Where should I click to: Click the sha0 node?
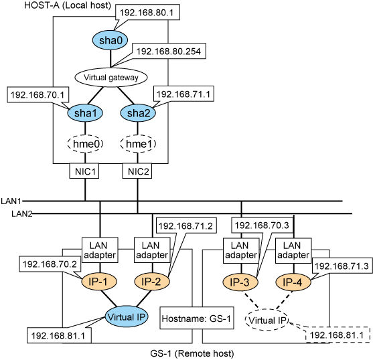tap(110, 40)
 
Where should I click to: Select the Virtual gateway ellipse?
tap(111, 78)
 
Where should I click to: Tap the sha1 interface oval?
tap(86, 113)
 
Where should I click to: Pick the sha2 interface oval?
tap(138, 113)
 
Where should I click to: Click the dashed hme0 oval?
tap(86, 144)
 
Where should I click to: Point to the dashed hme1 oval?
tap(138, 144)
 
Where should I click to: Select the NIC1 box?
tap(84, 171)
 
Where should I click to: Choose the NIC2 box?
tap(137, 171)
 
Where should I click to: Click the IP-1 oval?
tap(99, 282)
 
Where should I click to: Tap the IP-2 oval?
tap(152, 282)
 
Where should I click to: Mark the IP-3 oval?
tap(240, 282)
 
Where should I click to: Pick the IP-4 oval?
tap(293, 282)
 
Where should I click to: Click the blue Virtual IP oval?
tap(127, 317)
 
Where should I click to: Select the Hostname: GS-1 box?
tap(197, 318)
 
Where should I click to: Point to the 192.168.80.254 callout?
tap(169, 51)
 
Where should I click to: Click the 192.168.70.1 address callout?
tap(38, 95)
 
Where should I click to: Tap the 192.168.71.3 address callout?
tap(342, 266)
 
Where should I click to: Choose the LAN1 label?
tap(11, 201)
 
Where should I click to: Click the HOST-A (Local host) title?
tap(68, 5)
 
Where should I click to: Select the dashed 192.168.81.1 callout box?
tap(338, 335)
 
